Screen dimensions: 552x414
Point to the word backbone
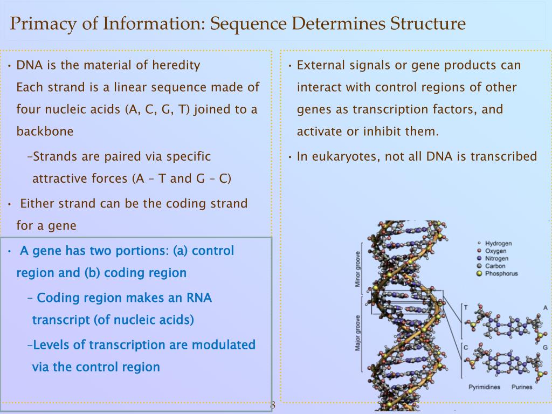pyautogui.click(x=45, y=132)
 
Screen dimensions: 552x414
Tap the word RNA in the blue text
pyautogui.click(x=199, y=298)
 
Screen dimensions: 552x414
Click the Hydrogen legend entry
pyautogui.click(x=498, y=244)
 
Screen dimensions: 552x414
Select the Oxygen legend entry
pyautogui.click(x=495, y=251)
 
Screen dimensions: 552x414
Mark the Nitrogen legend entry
pyautogui.click(x=496, y=259)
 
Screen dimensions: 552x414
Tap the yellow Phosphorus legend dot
pyautogui.click(x=479, y=274)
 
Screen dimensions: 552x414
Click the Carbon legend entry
pyautogui.click(x=495, y=266)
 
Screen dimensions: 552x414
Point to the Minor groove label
pyautogui.click(x=357, y=270)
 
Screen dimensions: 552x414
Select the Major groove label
pyautogui.click(x=357, y=332)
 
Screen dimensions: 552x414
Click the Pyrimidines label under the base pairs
pyautogui.click(x=484, y=387)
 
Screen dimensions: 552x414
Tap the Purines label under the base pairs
pyautogui.click(x=522, y=387)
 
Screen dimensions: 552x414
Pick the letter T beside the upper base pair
pyautogui.click(x=466, y=307)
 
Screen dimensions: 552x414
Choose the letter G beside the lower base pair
pyautogui.click(x=545, y=348)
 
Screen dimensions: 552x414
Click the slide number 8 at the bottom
pyautogui.click(x=272, y=405)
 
